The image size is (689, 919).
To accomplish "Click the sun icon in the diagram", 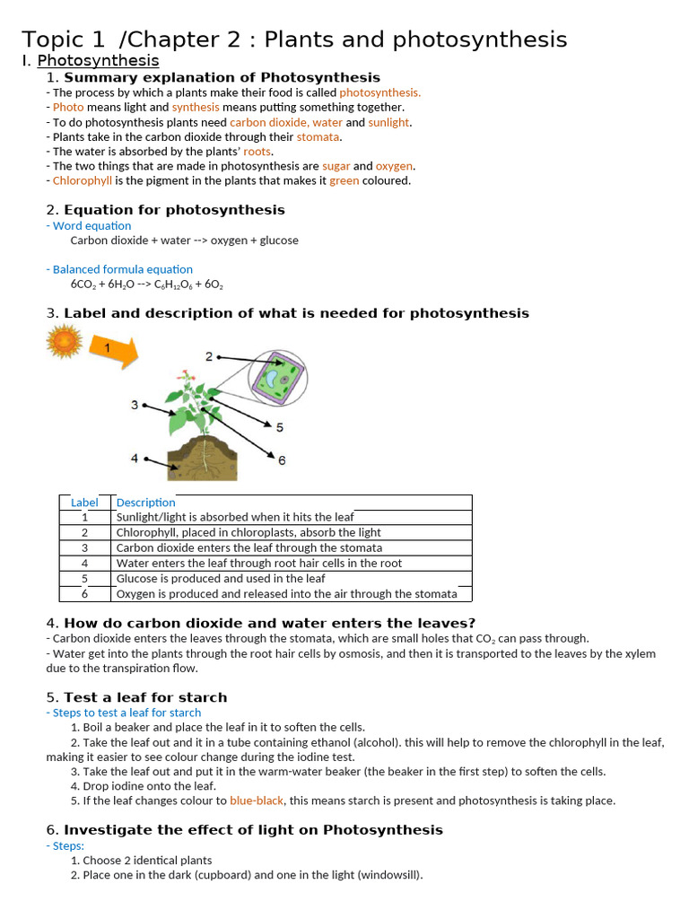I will click(x=64, y=342).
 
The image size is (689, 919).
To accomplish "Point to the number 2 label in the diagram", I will click(x=209, y=356).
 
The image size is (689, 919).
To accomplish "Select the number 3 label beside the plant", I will click(x=135, y=405).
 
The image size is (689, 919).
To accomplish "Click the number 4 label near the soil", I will click(x=135, y=458).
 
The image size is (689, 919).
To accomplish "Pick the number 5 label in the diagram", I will click(x=280, y=427).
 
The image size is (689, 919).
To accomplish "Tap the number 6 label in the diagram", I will click(x=282, y=460).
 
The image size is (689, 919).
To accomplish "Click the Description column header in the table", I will click(x=145, y=503).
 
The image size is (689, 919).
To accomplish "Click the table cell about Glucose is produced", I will click(x=221, y=578).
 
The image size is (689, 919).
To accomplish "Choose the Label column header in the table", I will click(x=84, y=503).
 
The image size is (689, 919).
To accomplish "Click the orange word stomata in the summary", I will click(x=318, y=137).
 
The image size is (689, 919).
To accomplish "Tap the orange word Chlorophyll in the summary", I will click(x=83, y=180).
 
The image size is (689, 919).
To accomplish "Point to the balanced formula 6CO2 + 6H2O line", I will click(x=146, y=284).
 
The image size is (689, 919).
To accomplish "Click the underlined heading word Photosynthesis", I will click(x=98, y=61).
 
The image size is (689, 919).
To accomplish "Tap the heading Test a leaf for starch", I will click(x=145, y=697).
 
